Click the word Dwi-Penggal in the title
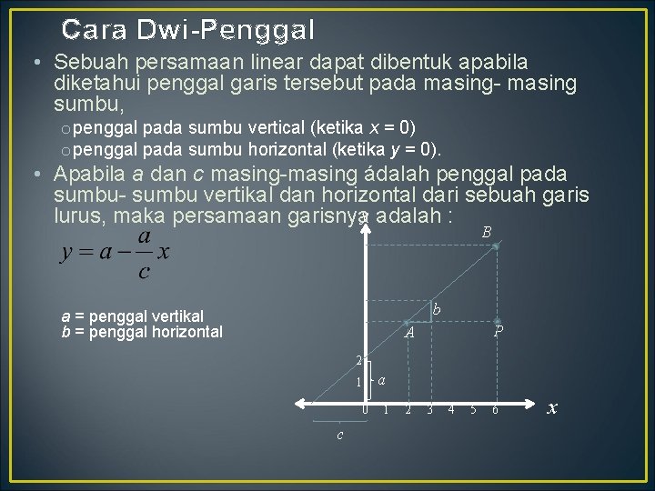226,30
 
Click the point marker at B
496,246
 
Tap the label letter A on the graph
410,334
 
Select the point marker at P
497,321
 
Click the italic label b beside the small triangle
437,311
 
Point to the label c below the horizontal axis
339,435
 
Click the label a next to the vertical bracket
382,378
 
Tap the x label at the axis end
551,408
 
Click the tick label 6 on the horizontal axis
495,410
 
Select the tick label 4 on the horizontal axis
451,410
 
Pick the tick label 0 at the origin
365,410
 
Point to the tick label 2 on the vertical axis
359,360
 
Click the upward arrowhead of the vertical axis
366,217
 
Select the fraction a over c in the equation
143,253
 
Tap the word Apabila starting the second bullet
86,173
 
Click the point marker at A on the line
406,323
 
